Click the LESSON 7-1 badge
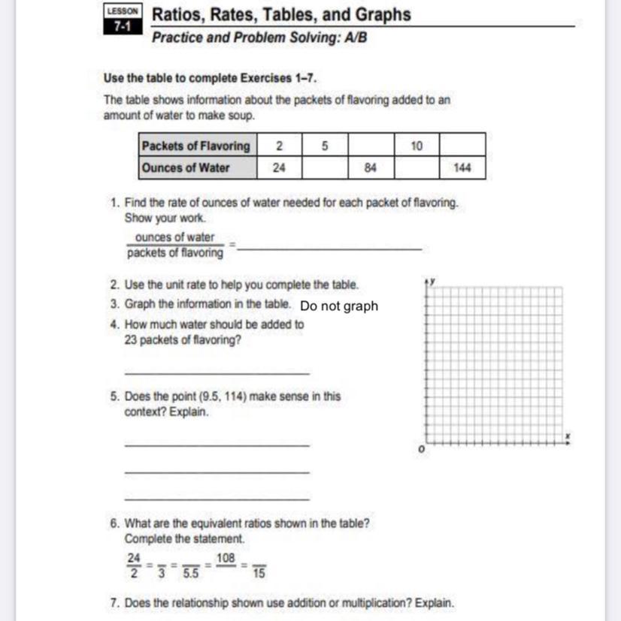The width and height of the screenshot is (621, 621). [x=122, y=19]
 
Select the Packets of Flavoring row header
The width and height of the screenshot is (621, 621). [x=197, y=146]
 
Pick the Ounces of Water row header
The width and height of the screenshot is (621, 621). [x=186, y=168]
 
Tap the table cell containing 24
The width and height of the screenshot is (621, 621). [x=279, y=168]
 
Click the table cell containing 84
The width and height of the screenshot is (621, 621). [x=370, y=168]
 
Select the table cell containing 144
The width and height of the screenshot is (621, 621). [x=462, y=168]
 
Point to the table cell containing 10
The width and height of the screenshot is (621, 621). [x=417, y=146]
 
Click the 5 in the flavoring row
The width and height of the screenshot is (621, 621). [x=324, y=146]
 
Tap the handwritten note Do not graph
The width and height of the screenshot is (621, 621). [x=338, y=306]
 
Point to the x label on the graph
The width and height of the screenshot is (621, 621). [x=568, y=436]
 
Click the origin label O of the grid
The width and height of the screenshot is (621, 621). [x=421, y=449]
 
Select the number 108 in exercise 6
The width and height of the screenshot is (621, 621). [x=225, y=559]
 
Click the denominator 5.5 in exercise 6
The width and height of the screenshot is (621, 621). [x=192, y=574]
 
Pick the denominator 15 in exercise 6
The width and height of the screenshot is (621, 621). [x=259, y=574]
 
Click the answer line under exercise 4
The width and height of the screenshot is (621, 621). [x=217, y=373]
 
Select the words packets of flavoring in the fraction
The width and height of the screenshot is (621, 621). [x=175, y=253]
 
